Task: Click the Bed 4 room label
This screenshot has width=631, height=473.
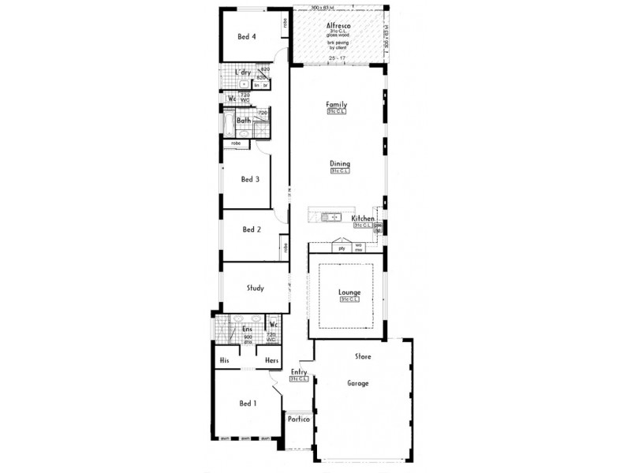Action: pyautogui.click(x=248, y=35)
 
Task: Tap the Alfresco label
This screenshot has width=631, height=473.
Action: pyautogui.click(x=338, y=26)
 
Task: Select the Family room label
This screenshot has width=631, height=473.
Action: pyautogui.click(x=337, y=104)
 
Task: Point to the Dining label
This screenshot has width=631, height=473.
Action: pyautogui.click(x=340, y=163)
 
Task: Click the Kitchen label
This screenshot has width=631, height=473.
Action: pyautogui.click(x=363, y=218)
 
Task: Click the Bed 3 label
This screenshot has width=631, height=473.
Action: pyautogui.click(x=251, y=179)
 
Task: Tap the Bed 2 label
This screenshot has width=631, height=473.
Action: pyautogui.click(x=252, y=229)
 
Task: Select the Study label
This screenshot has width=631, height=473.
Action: pyautogui.click(x=255, y=288)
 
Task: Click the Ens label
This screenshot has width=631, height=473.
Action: pyautogui.click(x=247, y=330)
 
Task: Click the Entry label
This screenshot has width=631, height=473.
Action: pyautogui.click(x=299, y=371)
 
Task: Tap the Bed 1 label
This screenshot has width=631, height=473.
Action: pyautogui.click(x=248, y=403)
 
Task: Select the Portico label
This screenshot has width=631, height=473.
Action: pyautogui.click(x=297, y=419)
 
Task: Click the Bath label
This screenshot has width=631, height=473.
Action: pyautogui.click(x=244, y=121)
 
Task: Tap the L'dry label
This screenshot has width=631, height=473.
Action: pyautogui.click(x=243, y=73)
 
